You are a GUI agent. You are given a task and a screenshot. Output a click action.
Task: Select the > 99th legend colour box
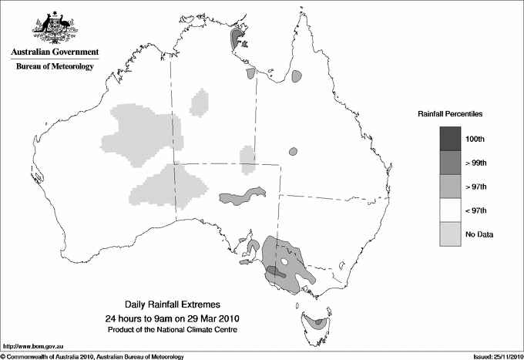[451, 163]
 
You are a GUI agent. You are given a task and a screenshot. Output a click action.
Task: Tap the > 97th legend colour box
[451, 187]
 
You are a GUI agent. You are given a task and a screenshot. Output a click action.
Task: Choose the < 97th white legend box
[451, 210]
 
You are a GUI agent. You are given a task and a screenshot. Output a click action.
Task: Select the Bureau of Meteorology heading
[55, 66]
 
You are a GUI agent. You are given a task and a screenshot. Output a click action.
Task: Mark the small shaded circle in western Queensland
[293, 151]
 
